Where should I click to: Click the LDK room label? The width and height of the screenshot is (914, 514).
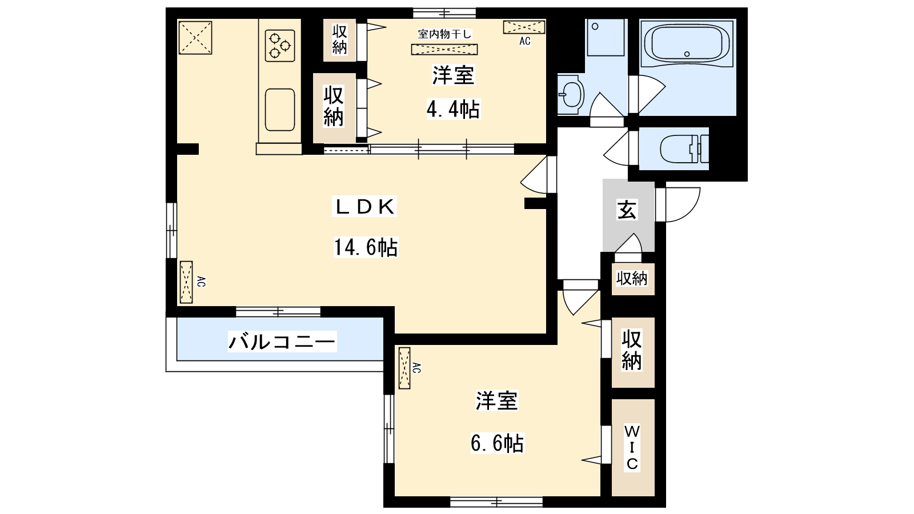click(365, 206)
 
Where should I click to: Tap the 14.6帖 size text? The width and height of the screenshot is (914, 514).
click(366, 247)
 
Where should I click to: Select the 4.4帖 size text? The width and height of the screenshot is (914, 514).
click(453, 109)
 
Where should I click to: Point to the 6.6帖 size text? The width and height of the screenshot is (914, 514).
click(497, 443)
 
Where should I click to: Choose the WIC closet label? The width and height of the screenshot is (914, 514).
click(632, 448)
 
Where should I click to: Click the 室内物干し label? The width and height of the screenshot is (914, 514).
click(444, 34)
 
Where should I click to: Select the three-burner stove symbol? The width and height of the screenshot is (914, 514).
click(280, 46)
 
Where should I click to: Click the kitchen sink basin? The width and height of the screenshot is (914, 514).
click(280, 110)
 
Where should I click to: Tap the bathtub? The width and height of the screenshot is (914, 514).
click(688, 43)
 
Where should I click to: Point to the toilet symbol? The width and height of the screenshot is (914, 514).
click(684, 149)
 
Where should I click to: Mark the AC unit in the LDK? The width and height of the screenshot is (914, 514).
click(186, 282)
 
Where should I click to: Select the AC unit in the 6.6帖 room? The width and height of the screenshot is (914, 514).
click(404, 368)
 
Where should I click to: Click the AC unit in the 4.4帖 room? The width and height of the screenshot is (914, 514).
click(524, 27)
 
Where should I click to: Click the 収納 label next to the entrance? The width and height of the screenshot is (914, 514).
click(632, 279)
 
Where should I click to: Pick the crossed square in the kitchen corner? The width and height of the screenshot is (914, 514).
click(195, 38)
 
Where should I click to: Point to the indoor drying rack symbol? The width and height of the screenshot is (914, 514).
click(444, 49)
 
